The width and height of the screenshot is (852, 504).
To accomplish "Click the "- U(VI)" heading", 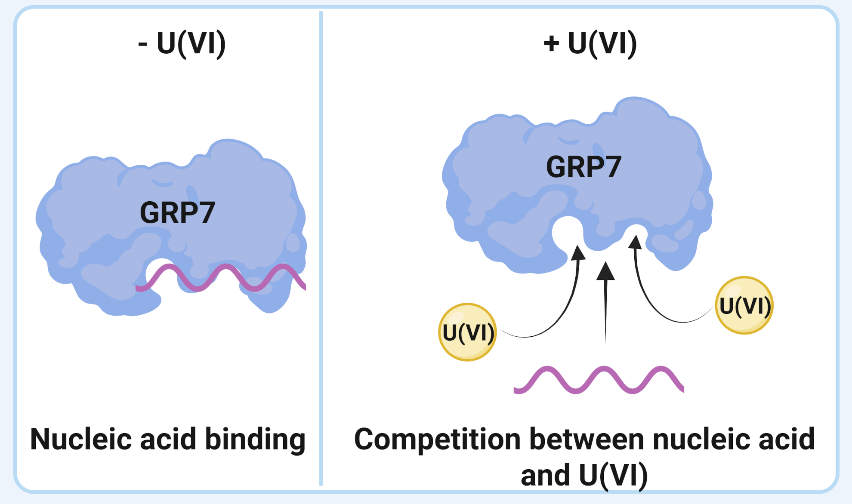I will [x=182, y=44].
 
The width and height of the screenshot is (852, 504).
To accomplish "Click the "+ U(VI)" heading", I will [x=590, y=44].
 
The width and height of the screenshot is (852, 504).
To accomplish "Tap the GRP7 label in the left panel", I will [x=177, y=212].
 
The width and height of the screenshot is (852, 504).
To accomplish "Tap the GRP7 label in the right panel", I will [x=583, y=167].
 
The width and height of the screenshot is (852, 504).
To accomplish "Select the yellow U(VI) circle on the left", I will [x=467, y=332].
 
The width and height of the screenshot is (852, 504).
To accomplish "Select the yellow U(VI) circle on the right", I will [x=744, y=306].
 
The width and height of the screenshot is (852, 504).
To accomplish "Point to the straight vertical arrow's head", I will [x=605, y=272].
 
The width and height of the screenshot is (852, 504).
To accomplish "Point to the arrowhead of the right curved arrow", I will [x=635, y=242].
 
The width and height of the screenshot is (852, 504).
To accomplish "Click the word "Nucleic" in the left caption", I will [x=80, y=439].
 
